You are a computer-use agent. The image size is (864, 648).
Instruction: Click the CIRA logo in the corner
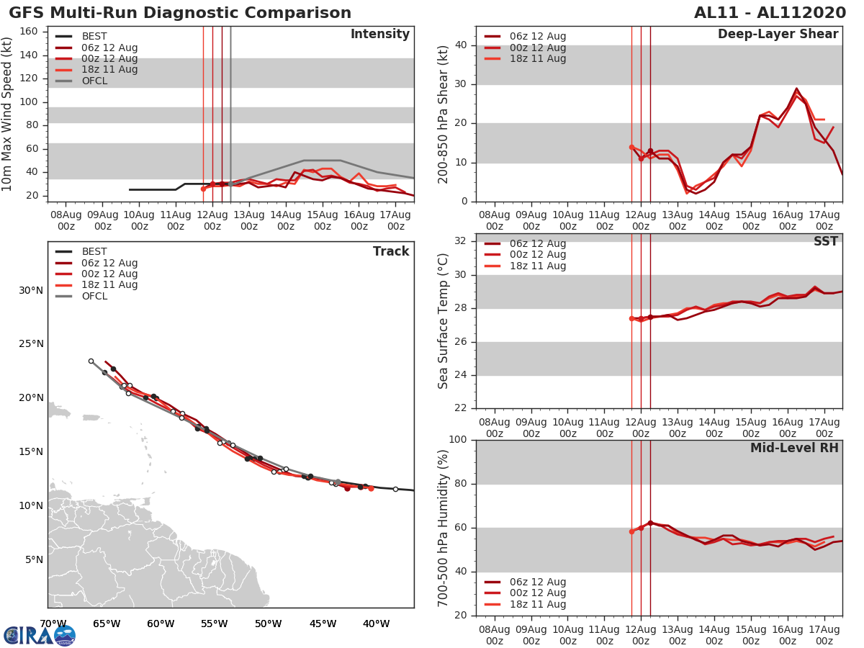[x=39, y=635]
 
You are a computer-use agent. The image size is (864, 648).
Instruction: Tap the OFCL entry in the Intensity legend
[x=94, y=81]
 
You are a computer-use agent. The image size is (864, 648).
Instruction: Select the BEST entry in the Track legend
[x=94, y=252]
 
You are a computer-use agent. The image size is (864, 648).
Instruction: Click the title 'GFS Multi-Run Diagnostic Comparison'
[x=180, y=13]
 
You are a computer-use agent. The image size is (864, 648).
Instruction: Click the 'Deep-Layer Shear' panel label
[x=778, y=35]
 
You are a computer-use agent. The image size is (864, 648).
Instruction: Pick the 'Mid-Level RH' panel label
[x=794, y=448]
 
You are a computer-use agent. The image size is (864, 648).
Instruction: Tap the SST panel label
[x=826, y=241]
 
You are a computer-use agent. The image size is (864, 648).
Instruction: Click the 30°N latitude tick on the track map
[x=32, y=290]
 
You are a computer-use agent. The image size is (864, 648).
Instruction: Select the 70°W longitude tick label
[x=53, y=624]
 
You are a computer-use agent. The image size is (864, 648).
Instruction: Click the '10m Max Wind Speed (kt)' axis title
[x=8, y=114]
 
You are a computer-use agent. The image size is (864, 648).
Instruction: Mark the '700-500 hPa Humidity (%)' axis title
[x=444, y=528]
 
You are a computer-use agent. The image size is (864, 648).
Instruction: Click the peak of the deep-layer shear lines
[x=796, y=89]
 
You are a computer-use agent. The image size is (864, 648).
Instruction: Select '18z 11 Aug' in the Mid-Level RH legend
[x=537, y=605]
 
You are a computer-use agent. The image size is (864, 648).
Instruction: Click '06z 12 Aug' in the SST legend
[x=537, y=243]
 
